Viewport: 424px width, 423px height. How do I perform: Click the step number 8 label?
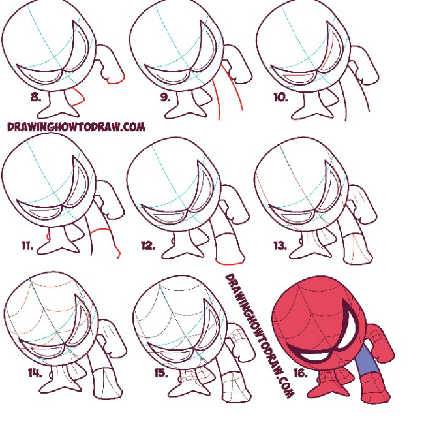36,97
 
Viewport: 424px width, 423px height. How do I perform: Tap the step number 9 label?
165,97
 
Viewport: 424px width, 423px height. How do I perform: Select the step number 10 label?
280,97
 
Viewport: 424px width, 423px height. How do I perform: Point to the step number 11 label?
27,245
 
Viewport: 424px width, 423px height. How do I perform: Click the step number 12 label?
148,245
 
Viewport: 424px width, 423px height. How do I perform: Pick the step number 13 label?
280,245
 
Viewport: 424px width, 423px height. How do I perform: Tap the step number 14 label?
35,373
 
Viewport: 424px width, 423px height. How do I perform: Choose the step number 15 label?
161,373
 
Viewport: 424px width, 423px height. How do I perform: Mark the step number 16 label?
301,373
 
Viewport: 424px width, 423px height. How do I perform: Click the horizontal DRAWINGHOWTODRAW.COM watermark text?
76,127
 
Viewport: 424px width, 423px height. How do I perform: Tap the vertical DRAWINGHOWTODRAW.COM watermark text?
259,336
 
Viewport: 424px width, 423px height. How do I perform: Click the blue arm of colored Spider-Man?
367,359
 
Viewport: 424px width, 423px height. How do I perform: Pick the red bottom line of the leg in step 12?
230,262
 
